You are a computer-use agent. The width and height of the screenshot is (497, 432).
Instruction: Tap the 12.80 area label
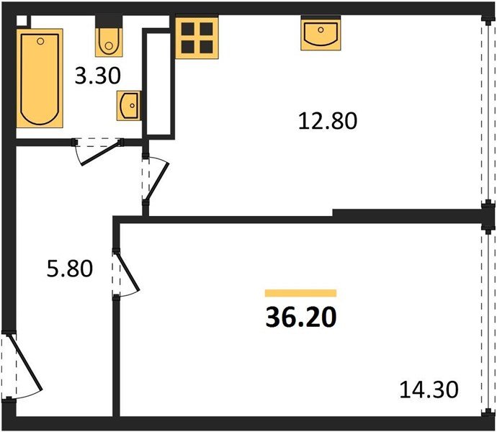tap(328, 120)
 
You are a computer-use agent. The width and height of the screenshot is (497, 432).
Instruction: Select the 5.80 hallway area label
tap(69, 270)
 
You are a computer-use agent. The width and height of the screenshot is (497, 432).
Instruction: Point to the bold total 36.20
tap(300, 316)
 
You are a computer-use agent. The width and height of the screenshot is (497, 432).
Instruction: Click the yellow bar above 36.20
tap(300, 293)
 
